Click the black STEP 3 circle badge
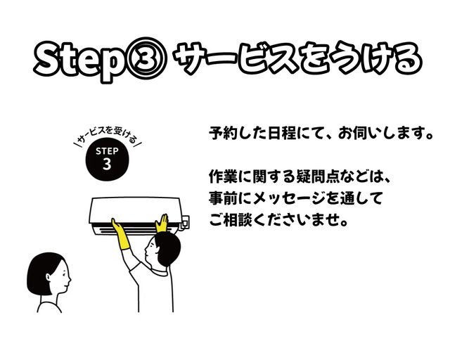click(x=107, y=160)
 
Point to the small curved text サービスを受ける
click(x=108, y=135)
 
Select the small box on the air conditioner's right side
click(x=185, y=223)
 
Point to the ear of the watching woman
click(x=49, y=277)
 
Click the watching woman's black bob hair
click(x=44, y=273)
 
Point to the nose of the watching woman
click(x=70, y=277)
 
